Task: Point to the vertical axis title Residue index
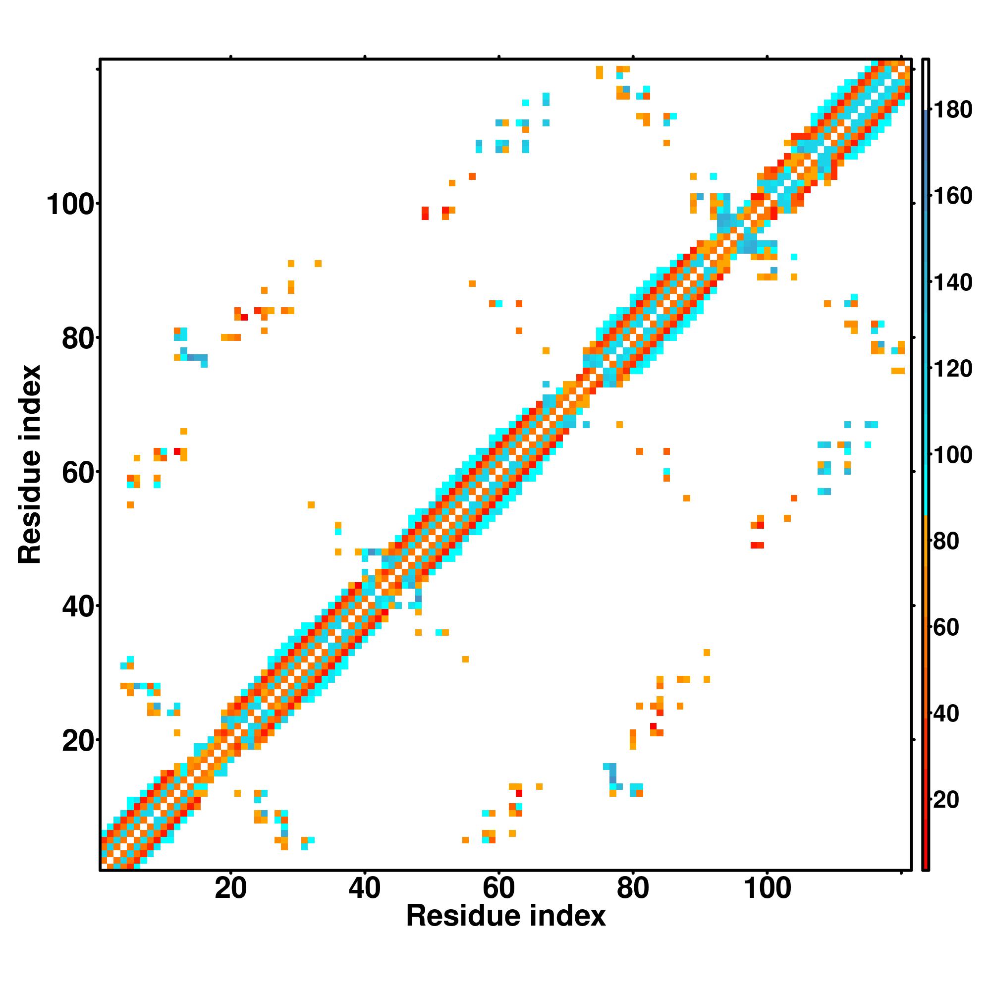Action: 30,464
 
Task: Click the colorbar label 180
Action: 952,110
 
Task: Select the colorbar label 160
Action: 952,196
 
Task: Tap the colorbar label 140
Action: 952,282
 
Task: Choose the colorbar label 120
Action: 952,369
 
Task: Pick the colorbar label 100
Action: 952,455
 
